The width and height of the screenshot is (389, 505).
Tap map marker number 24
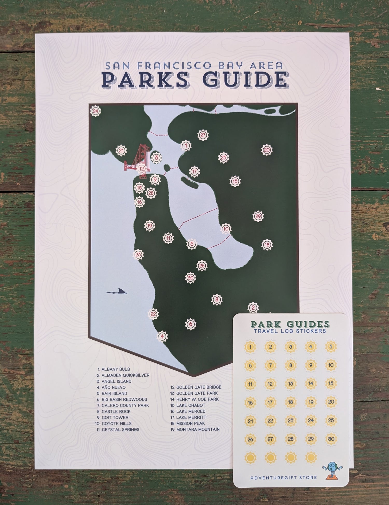(x=95, y=111)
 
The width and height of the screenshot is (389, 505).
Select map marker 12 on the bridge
(x=141, y=169)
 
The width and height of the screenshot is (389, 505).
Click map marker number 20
(x=267, y=150)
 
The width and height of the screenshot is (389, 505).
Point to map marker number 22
(x=153, y=314)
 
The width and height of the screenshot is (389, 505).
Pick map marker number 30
(x=190, y=278)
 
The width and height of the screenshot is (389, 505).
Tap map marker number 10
(x=226, y=229)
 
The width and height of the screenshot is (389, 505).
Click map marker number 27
(x=203, y=135)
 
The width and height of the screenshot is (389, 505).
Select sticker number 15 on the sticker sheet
(x=331, y=384)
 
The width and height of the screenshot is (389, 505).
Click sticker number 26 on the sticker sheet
(x=250, y=439)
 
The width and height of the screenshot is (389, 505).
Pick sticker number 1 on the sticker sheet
(x=250, y=347)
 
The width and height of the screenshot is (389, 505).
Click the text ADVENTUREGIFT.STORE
(x=283, y=477)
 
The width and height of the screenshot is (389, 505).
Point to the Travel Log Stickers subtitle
(x=290, y=331)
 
